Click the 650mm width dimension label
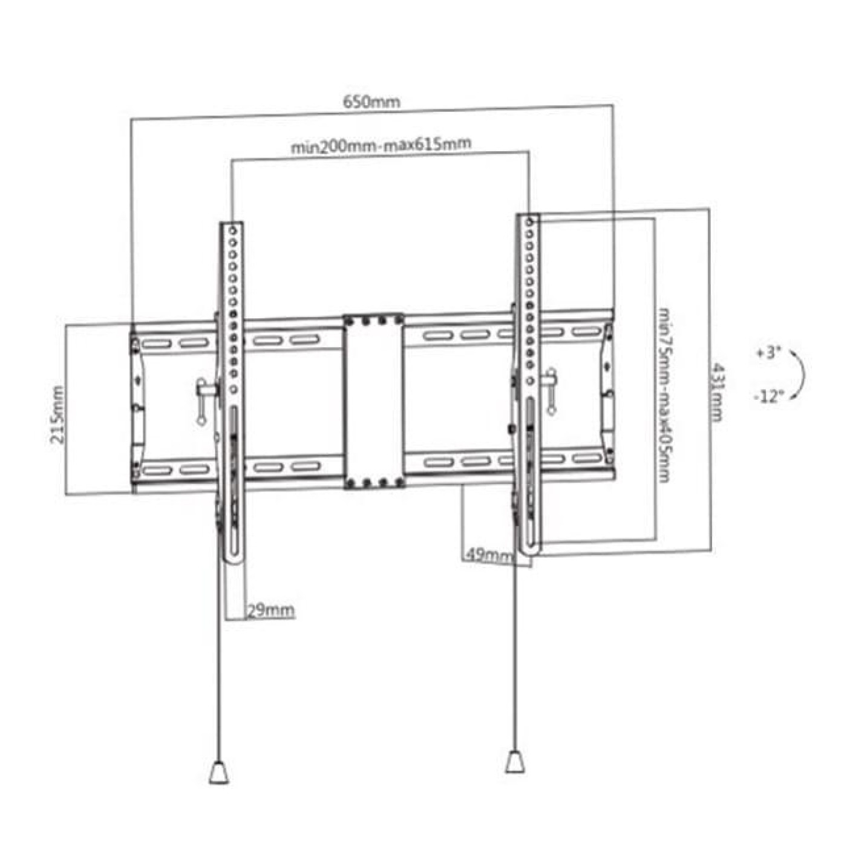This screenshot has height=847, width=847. pyautogui.click(x=371, y=101)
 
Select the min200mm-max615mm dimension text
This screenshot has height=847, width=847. pyautogui.click(x=381, y=145)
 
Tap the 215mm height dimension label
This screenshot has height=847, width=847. pyautogui.click(x=57, y=414)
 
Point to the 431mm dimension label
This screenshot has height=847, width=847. pyautogui.click(x=717, y=391)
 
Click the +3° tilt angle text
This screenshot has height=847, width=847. pyautogui.click(x=768, y=353)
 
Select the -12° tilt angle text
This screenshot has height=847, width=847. pyautogui.click(x=768, y=397)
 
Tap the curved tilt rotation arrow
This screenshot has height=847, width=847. pyautogui.click(x=800, y=375)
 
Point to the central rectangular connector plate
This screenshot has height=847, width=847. pyautogui.click(x=373, y=401)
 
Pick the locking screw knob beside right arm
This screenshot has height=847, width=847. pyautogui.click(x=551, y=390)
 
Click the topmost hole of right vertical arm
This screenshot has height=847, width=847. pyautogui.click(x=529, y=222)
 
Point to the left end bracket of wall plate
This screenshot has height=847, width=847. pyautogui.click(x=137, y=405)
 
